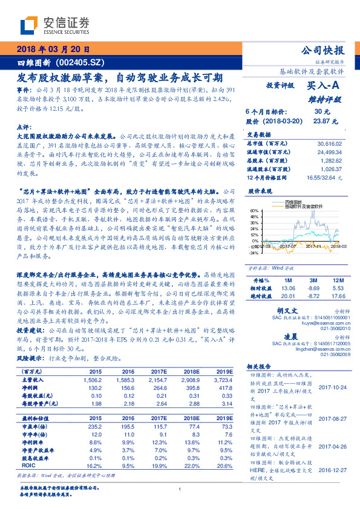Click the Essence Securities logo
(x=55, y=26)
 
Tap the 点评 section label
(x=21, y=127)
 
